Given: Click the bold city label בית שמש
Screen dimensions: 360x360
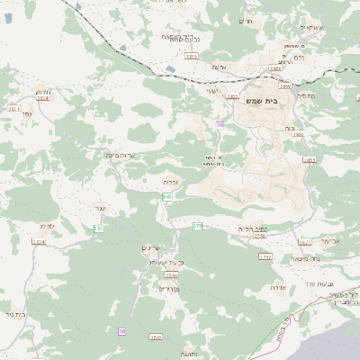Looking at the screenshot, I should pos(260,101).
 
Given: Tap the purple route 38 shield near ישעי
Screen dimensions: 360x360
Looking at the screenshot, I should pos(220,125).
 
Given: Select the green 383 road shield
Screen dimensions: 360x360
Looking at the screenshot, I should pos(167,197).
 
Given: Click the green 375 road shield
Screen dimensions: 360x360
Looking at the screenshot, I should pos(197,225).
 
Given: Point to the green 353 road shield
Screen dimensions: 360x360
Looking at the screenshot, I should pos(99,229).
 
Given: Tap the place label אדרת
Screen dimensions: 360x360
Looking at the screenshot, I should pos(277,288).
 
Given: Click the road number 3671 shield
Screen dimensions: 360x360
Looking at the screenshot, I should pos(305,242).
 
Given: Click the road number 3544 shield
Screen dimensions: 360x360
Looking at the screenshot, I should pos(172,275).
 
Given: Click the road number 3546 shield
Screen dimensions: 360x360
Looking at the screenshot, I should pos(157,337).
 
